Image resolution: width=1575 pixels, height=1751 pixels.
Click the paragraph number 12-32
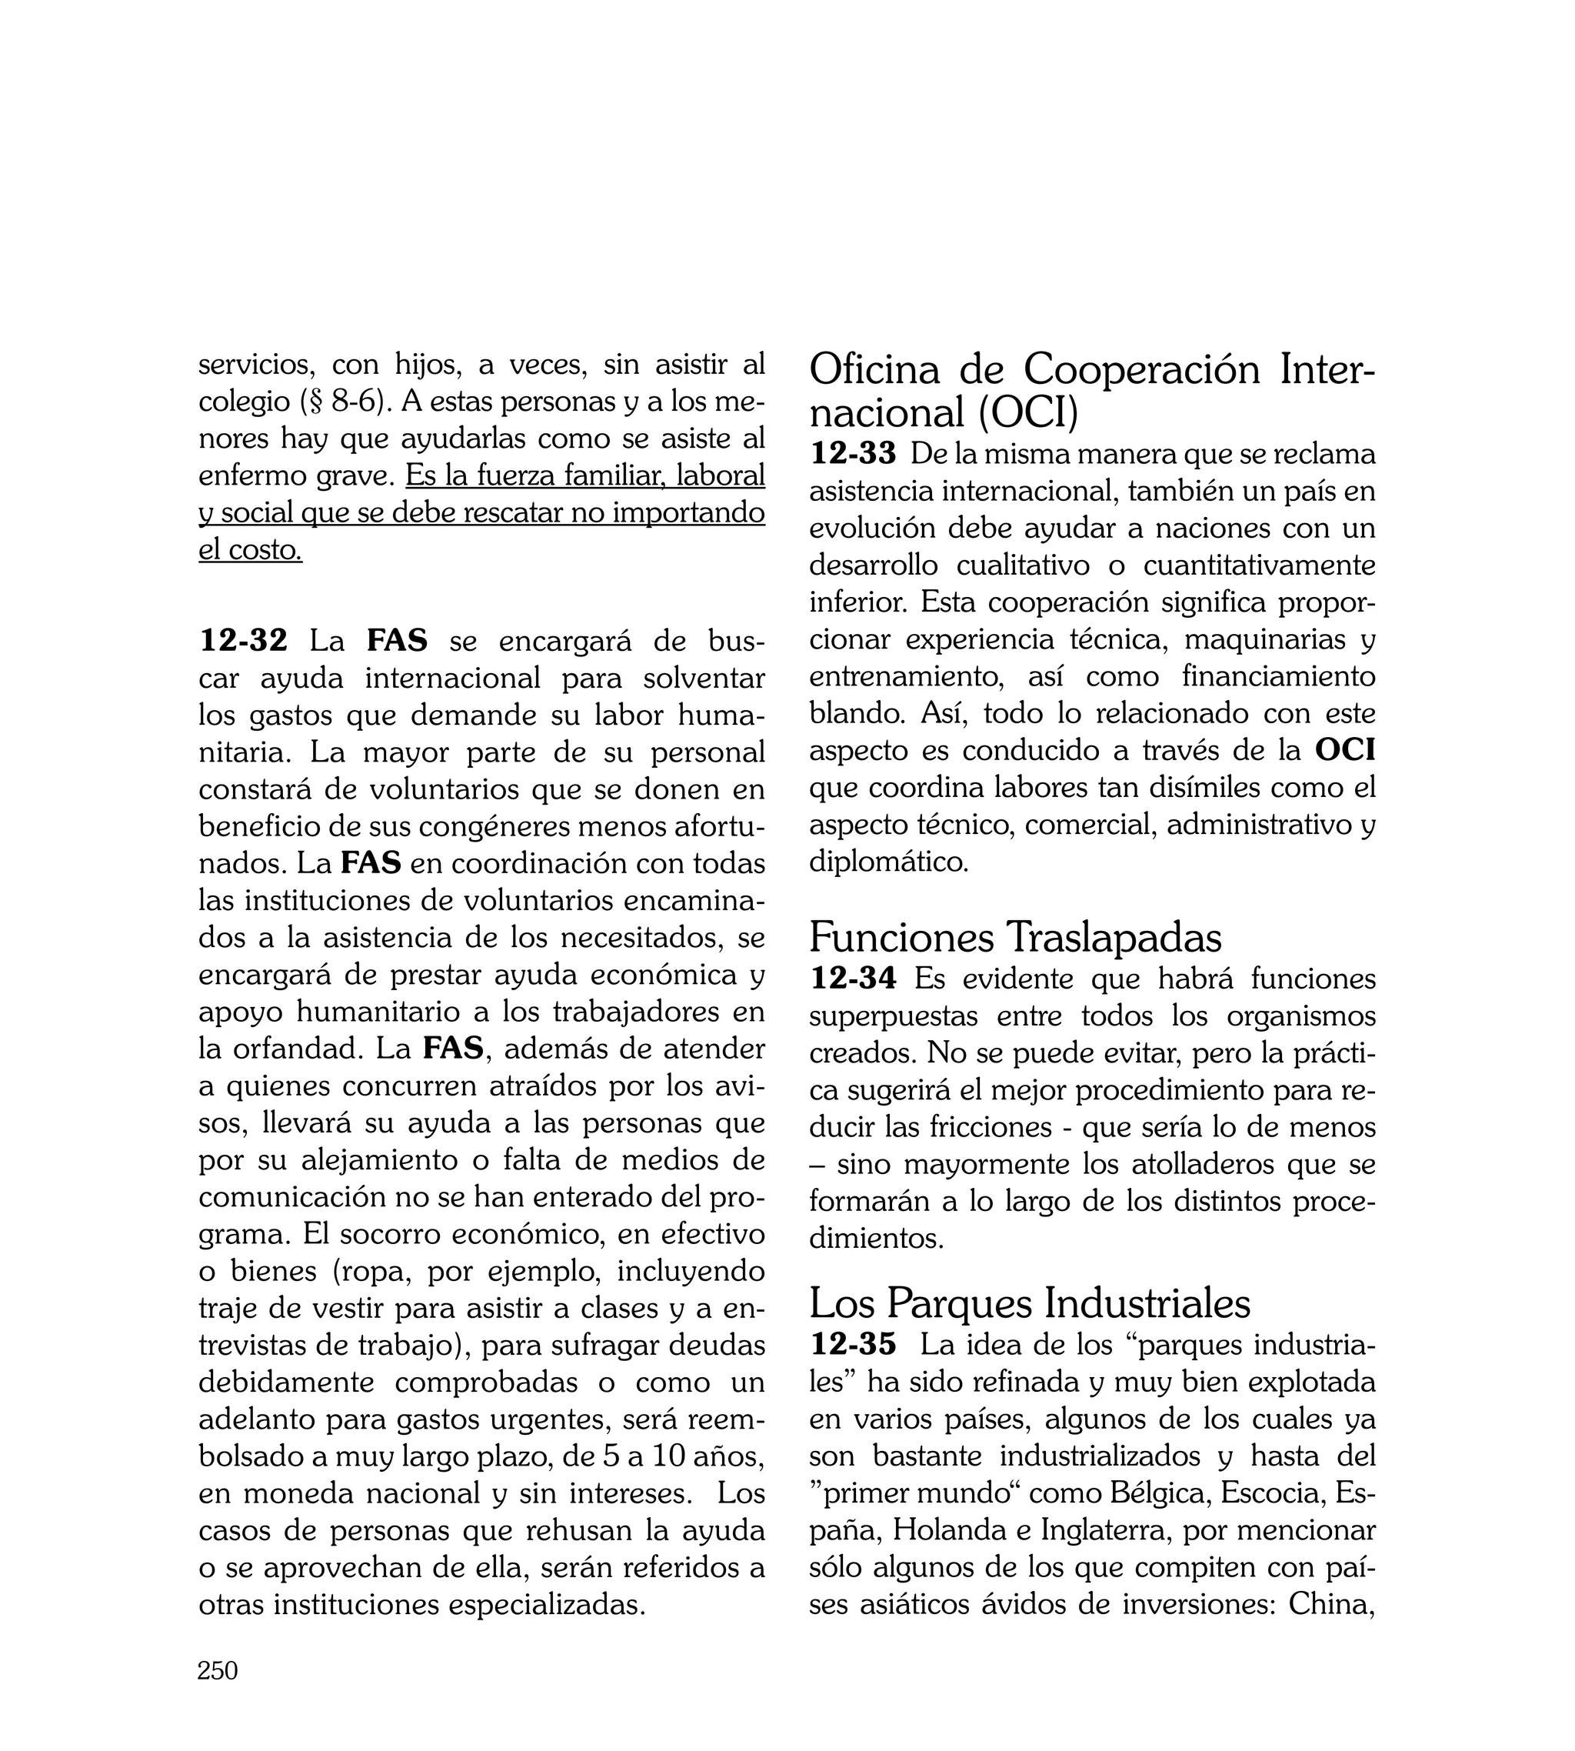243,642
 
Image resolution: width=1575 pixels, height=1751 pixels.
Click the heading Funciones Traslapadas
1015,937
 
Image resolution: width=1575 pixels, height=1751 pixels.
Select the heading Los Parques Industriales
1030,1302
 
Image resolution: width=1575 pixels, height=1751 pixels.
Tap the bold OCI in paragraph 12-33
1345,749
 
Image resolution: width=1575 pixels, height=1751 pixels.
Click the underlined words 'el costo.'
250,549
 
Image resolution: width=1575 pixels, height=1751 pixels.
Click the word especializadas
546,1605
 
